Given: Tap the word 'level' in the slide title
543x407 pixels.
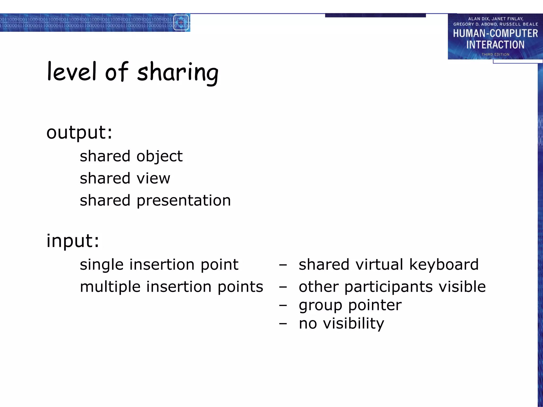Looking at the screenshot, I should (71, 72).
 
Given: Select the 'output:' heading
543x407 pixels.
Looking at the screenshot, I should (79, 132).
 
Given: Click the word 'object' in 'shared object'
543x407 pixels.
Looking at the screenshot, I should (160, 156).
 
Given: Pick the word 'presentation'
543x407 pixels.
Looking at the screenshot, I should (184, 200).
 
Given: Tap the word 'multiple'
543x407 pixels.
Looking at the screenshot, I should (110, 287).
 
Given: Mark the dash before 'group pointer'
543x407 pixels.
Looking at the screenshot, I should (283, 305).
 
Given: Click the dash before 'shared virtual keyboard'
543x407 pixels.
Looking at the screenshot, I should (283, 265).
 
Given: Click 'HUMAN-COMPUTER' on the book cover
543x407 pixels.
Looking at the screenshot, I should (495, 33).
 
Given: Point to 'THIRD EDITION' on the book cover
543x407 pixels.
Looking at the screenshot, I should (495, 54).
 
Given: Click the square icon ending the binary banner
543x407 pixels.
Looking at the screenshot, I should (181, 23).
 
